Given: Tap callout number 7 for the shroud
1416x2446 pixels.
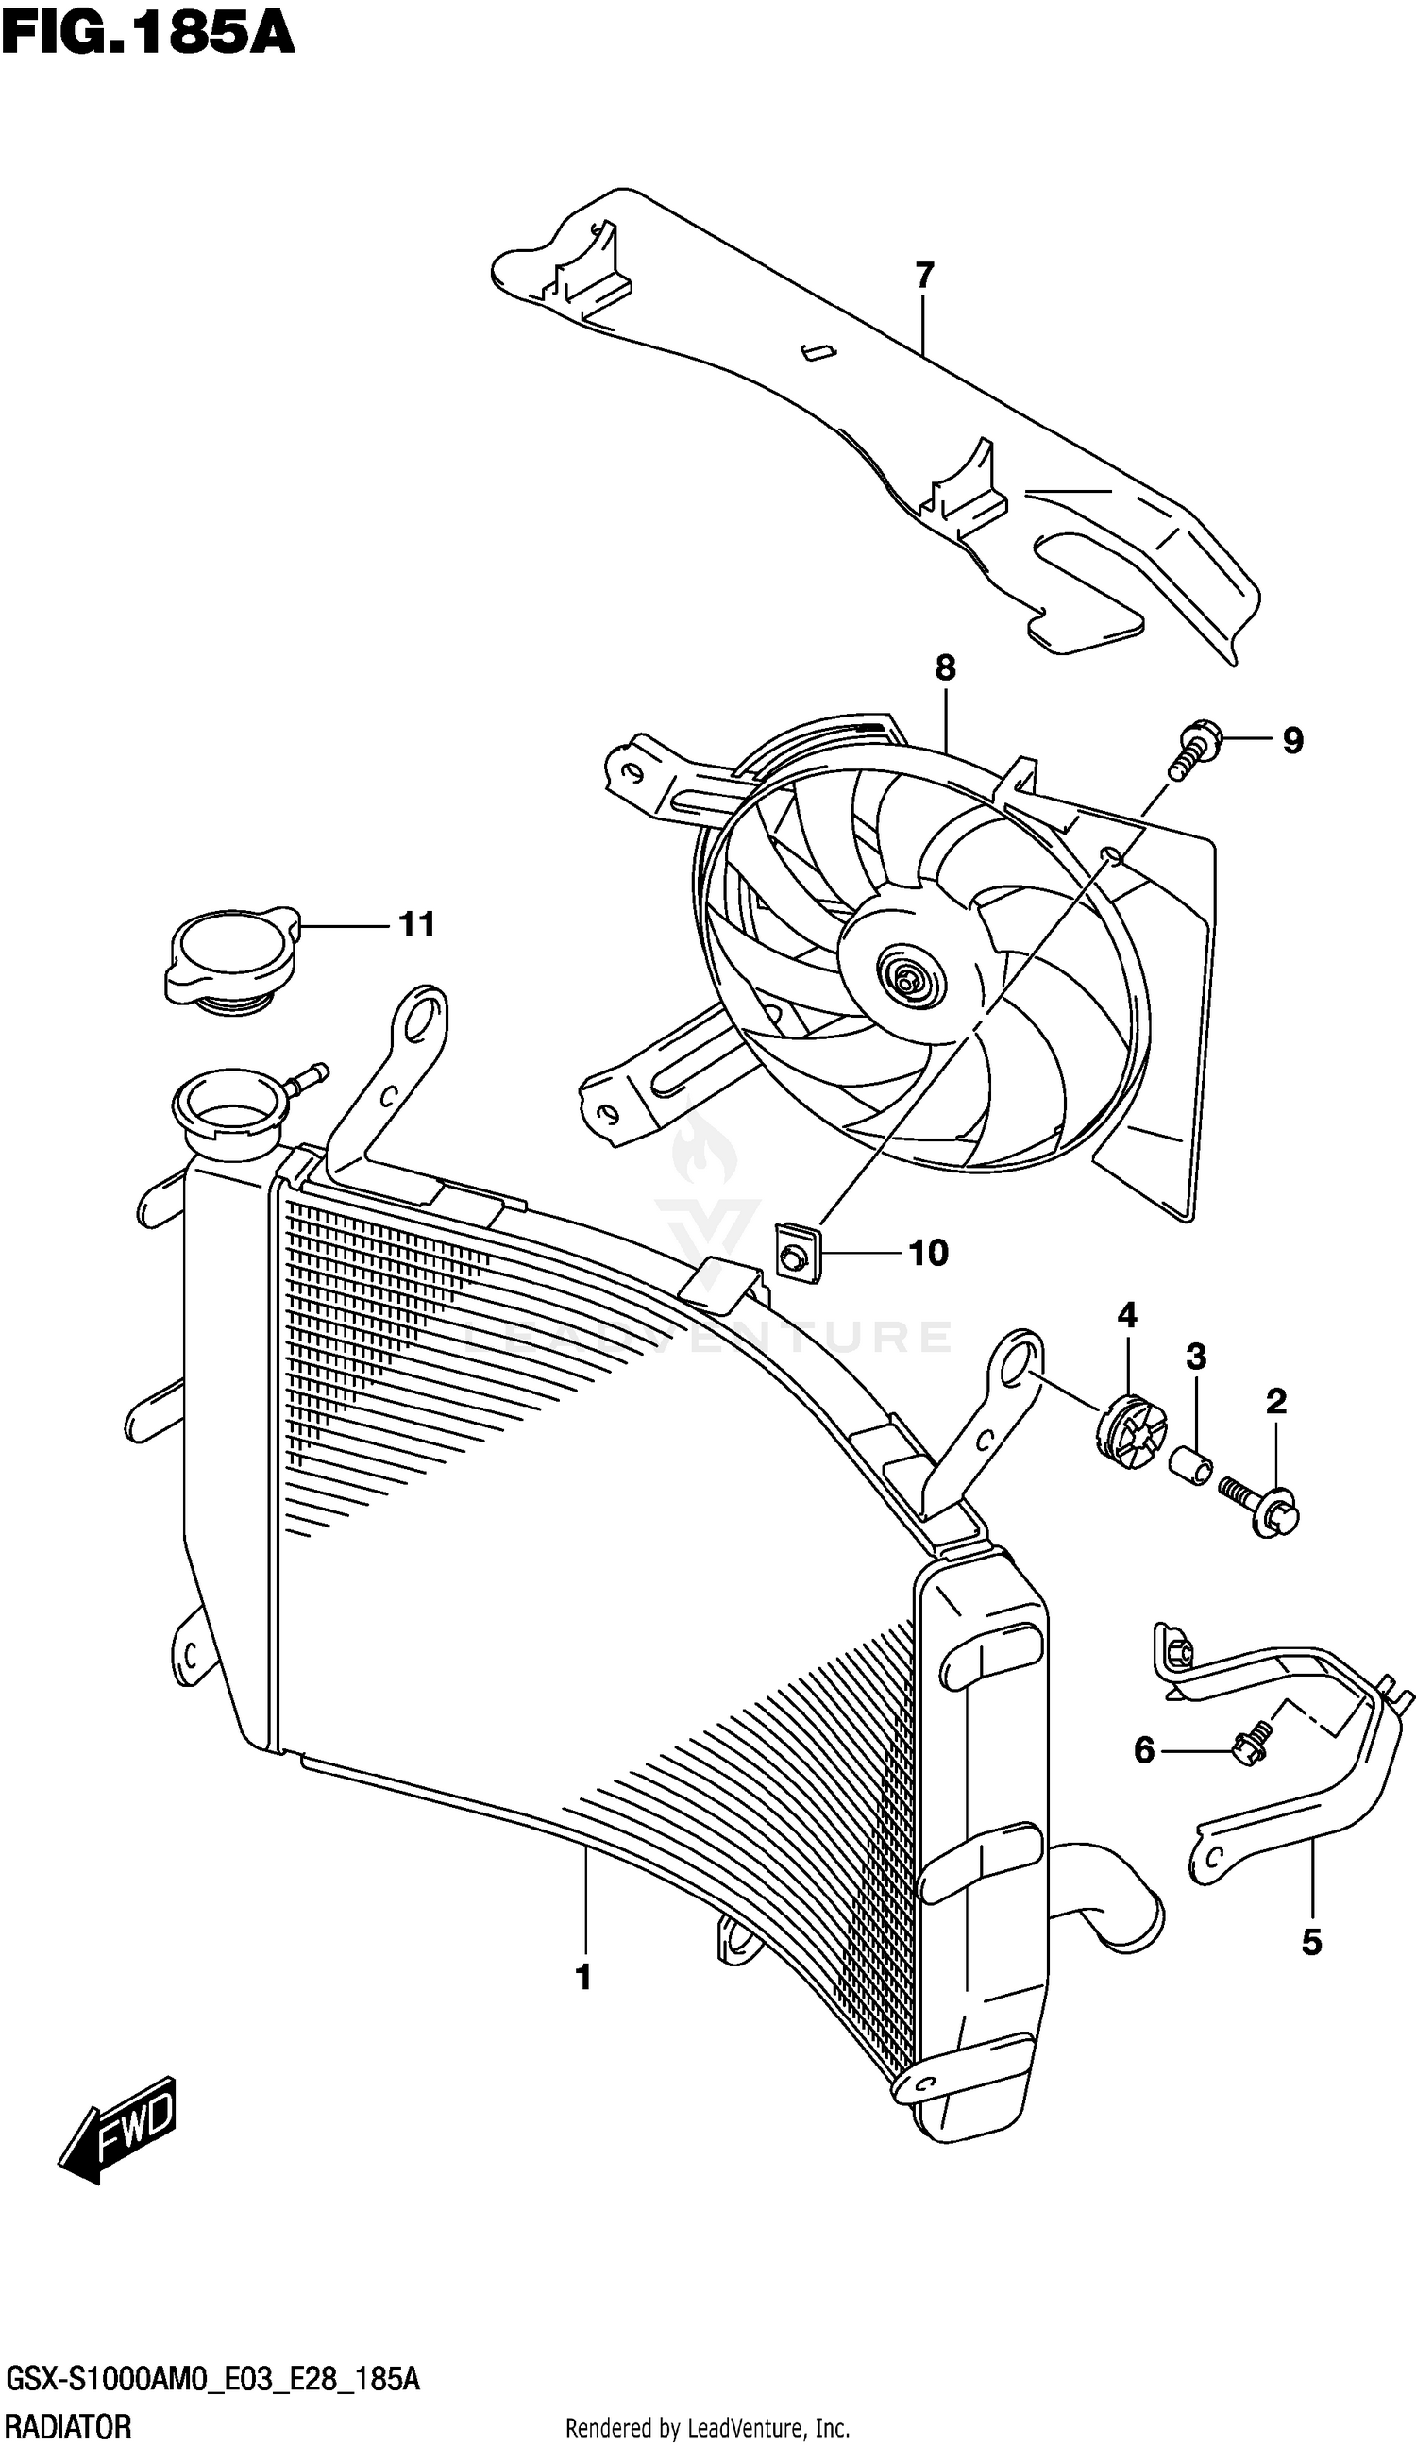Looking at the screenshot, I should (923, 276).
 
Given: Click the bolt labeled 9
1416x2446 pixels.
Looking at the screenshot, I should (1195, 751).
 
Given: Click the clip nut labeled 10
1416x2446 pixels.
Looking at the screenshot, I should (797, 1253).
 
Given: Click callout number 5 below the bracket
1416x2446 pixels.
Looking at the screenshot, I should (1310, 1942).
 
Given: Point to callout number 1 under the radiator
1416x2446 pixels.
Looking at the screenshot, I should (582, 1977).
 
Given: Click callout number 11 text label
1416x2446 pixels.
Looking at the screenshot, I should (416, 925).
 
